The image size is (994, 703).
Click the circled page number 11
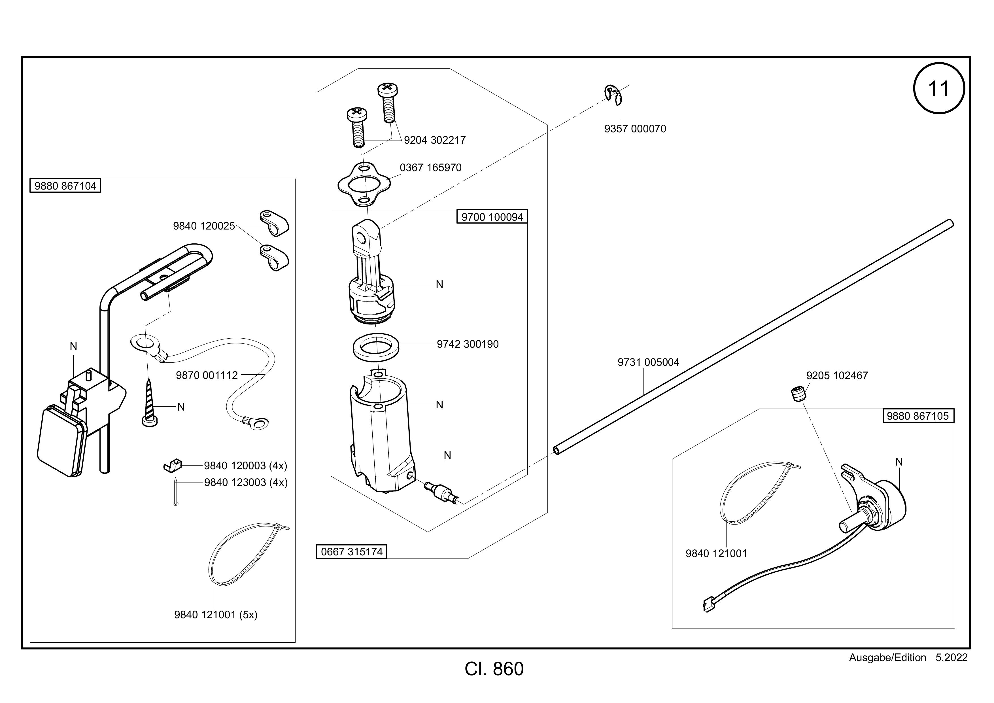938,89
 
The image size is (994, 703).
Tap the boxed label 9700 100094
492,216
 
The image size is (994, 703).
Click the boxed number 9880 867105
918,416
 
